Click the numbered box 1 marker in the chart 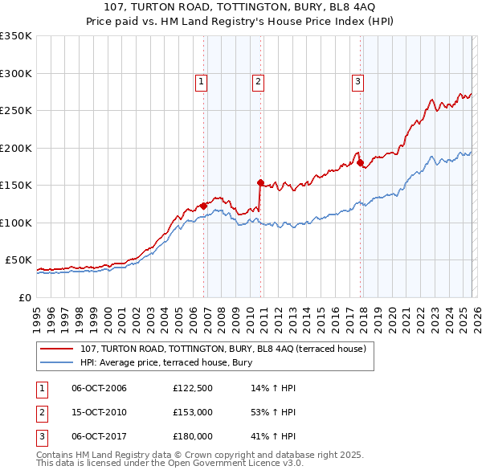[201, 80]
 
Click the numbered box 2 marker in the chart [258, 80]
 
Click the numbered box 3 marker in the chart [357, 80]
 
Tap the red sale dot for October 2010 [260, 183]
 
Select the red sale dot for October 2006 [203, 206]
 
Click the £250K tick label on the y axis [16, 110]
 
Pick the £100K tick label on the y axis [16, 223]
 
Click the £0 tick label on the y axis [24, 297]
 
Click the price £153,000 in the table [193, 412]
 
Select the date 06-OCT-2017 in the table [99, 436]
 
